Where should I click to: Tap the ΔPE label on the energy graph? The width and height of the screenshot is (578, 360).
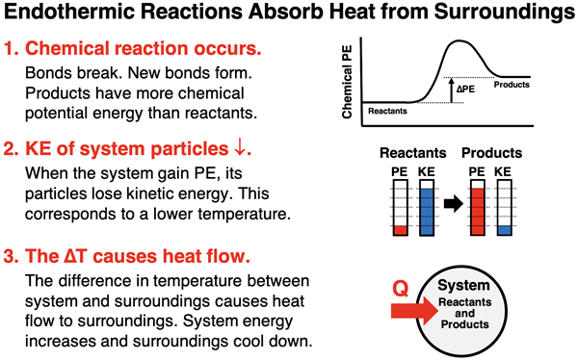coord(465,90)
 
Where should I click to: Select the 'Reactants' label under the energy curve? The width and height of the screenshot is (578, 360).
coord(389,112)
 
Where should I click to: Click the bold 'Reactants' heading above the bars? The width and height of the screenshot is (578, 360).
coord(411,153)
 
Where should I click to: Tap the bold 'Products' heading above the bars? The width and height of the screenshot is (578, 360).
coord(491,153)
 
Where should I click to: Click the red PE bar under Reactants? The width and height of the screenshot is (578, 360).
coord(398,230)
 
